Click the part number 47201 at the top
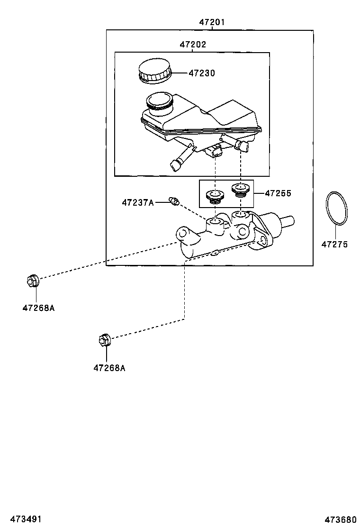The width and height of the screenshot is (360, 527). [212, 22]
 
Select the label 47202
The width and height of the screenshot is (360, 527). [193, 45]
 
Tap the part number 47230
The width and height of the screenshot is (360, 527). [202, 73]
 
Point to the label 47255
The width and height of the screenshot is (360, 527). [278, 193]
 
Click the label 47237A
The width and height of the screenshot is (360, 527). [137, 203]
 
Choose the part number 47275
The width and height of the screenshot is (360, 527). [335, 245]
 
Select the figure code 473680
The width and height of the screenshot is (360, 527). [341, 519]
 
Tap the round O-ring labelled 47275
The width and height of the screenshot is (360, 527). [336, 209]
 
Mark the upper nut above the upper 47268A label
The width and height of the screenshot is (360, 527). [33, 281]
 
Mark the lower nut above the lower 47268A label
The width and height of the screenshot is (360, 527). [105, 339]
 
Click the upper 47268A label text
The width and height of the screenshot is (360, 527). [38, 308]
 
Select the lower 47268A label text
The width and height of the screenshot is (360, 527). [109, 367]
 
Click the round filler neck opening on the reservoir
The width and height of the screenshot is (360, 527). [160, 102]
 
